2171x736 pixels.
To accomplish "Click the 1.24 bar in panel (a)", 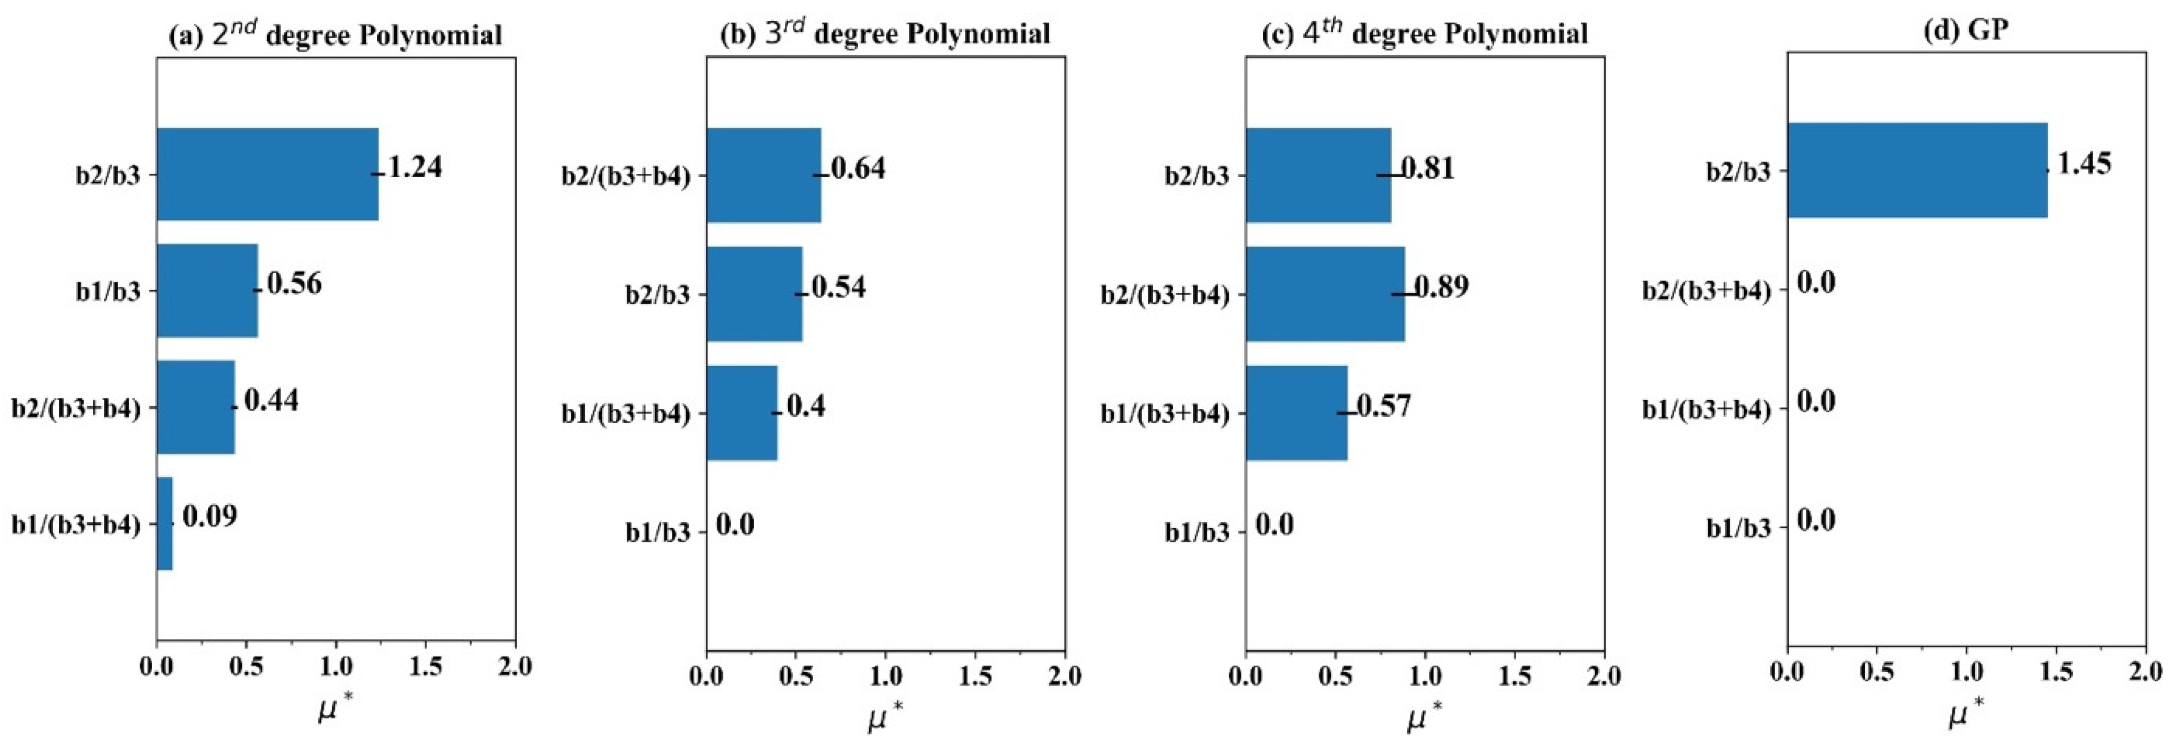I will tap(267, 174).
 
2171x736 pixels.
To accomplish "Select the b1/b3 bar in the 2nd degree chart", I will tap(207, 290).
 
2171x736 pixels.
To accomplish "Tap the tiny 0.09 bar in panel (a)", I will tap(164, 524).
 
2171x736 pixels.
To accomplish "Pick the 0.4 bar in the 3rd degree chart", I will tap(742, 412).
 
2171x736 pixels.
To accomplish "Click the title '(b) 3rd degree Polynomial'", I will tap(885, 34).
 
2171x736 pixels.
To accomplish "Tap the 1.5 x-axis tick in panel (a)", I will tap(425, 667).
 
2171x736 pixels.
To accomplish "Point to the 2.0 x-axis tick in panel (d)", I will tap(2144, 671).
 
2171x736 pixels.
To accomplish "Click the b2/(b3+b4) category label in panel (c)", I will tap(1165, 294).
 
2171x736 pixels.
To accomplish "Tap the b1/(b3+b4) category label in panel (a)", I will tap(76, 524).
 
